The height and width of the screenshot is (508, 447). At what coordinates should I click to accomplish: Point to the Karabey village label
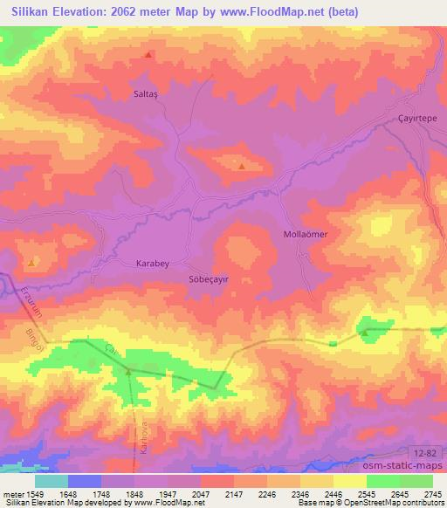click(155, 263)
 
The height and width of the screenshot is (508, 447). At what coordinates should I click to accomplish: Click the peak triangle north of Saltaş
click(148, 55)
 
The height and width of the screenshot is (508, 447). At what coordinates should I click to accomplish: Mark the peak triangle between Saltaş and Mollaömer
click(242, 165)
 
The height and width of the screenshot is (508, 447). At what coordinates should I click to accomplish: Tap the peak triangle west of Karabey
click(32, 262)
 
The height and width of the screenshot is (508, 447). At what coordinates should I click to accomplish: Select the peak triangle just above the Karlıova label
click(128, 372)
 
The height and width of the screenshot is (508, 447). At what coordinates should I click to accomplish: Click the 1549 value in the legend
click(32, 493)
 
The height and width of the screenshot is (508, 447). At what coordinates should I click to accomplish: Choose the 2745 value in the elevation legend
click(433, 493)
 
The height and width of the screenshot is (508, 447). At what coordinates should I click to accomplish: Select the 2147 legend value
click(233, 493)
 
